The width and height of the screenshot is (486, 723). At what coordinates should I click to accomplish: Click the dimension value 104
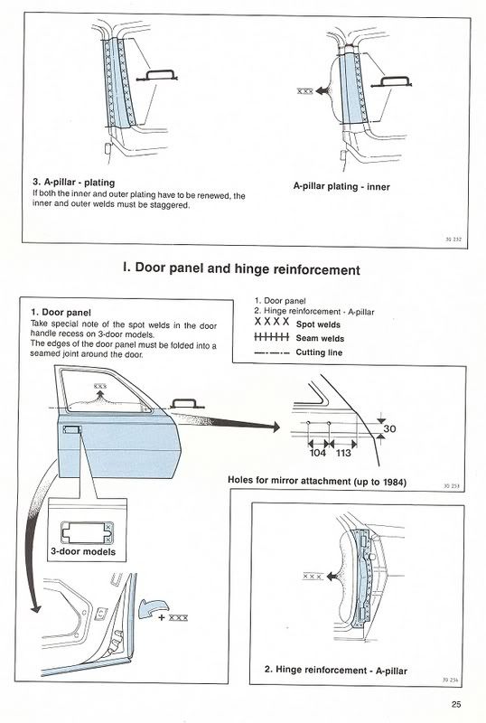click(317, 453)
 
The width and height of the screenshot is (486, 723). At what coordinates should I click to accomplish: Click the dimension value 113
click(343, 453)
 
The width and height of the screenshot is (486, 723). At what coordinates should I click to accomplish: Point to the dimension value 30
click(389, 428)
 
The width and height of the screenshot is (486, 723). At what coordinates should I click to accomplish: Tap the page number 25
click(456, 704)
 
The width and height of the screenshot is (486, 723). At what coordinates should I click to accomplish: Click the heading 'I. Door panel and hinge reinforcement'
click(241, 268)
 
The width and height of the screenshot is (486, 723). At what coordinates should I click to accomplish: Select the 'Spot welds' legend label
click(318, 324)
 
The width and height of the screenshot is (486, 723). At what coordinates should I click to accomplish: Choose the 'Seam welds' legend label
click(320, 338)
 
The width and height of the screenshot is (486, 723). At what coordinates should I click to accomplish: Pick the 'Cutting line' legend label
click(319, 352)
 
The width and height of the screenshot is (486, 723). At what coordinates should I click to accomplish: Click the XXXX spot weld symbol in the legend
click(272, 322)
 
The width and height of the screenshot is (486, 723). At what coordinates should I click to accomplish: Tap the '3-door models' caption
click(83, 551)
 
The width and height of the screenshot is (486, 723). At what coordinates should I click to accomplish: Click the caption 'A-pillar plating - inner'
click(341, 187)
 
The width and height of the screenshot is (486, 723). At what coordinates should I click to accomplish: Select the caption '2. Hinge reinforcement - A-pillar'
click(336, 670)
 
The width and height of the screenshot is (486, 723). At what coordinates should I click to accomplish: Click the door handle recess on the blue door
click(71, 430)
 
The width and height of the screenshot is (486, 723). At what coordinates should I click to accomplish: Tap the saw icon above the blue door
click(187, 404)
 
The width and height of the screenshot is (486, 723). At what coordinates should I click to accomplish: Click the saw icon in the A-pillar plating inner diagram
click(391, 81)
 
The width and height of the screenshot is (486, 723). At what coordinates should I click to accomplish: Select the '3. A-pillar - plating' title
click(74, 183)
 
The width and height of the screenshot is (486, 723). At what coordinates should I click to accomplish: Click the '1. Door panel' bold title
click(61, 313)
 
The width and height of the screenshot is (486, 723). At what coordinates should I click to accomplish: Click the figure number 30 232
click(453, 239)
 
